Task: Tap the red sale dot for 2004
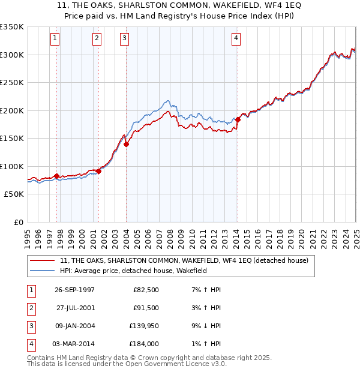(127, 144)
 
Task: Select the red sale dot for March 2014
(238, 119)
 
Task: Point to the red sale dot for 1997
(57, 176)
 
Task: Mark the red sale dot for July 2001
(98, 171)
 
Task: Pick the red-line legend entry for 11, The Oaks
(184, 260)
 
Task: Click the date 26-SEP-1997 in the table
(74, 290)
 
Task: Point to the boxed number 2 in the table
(29, 308)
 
